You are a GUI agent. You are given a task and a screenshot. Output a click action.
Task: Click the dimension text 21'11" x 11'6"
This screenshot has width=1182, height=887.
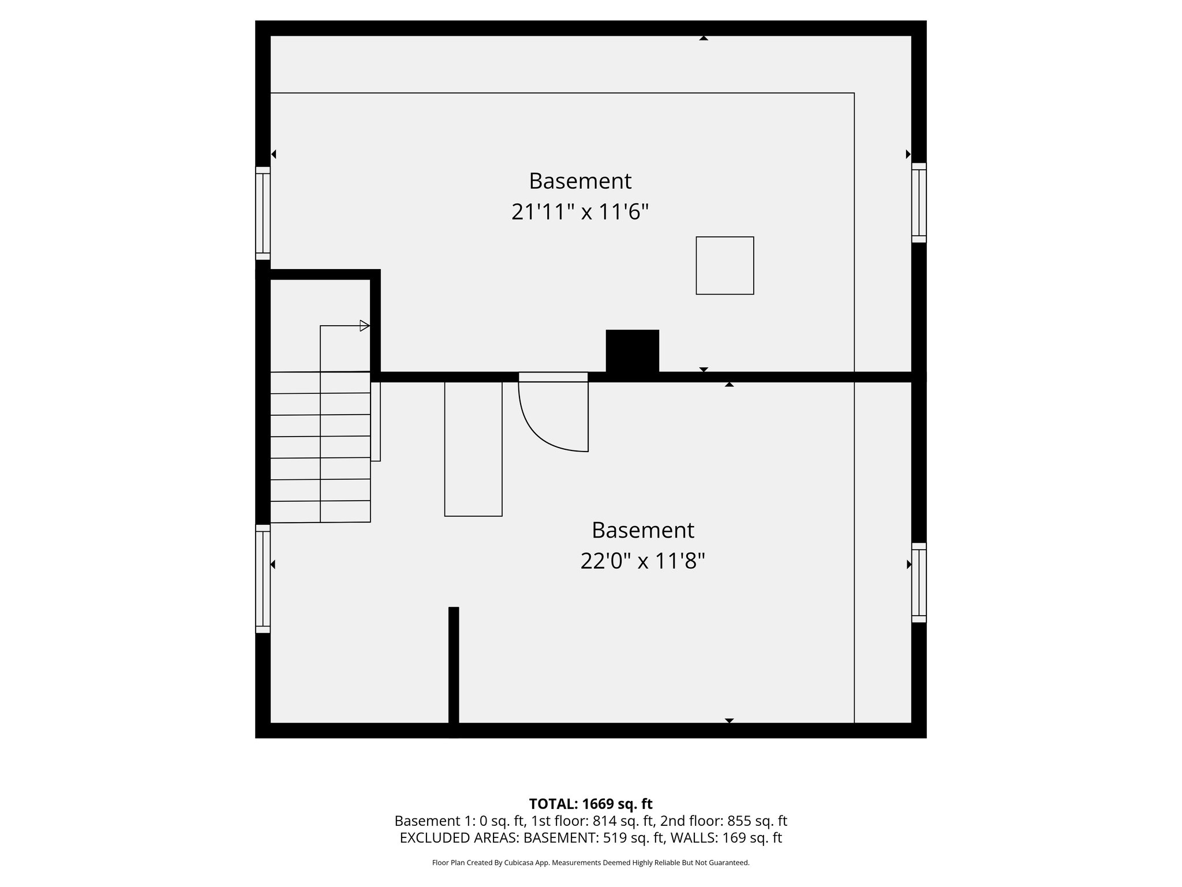pos(580,212)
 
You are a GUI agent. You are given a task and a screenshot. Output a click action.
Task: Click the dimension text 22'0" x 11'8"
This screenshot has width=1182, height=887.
pos(642,561)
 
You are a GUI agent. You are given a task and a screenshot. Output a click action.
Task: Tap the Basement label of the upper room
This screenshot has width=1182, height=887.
pos(580,181)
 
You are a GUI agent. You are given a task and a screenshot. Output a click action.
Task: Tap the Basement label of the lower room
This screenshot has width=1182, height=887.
pos(642,530)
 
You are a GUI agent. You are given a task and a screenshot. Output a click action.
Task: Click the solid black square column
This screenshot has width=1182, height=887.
pos(632,351)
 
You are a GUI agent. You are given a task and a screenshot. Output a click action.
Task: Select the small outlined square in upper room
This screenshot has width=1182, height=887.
pos(724,266)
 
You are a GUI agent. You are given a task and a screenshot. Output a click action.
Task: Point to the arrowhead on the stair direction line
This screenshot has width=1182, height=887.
pos(364,326)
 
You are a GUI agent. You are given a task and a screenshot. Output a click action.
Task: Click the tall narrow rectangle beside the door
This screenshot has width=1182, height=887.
pos(473,449)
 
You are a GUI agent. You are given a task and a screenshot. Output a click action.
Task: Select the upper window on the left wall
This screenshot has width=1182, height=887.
pos(263,214)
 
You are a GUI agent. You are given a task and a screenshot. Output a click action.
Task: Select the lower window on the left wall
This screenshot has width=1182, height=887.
pos(263,579)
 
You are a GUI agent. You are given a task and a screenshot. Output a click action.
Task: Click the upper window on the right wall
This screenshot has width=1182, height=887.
pos(919,203)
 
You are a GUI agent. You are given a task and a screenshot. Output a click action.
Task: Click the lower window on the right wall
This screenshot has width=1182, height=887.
pos(919,582)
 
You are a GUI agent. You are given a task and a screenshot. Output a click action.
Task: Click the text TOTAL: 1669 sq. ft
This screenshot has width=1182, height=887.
pos(590,804)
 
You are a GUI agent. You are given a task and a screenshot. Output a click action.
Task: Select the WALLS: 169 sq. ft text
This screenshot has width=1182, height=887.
pos(728,838)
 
